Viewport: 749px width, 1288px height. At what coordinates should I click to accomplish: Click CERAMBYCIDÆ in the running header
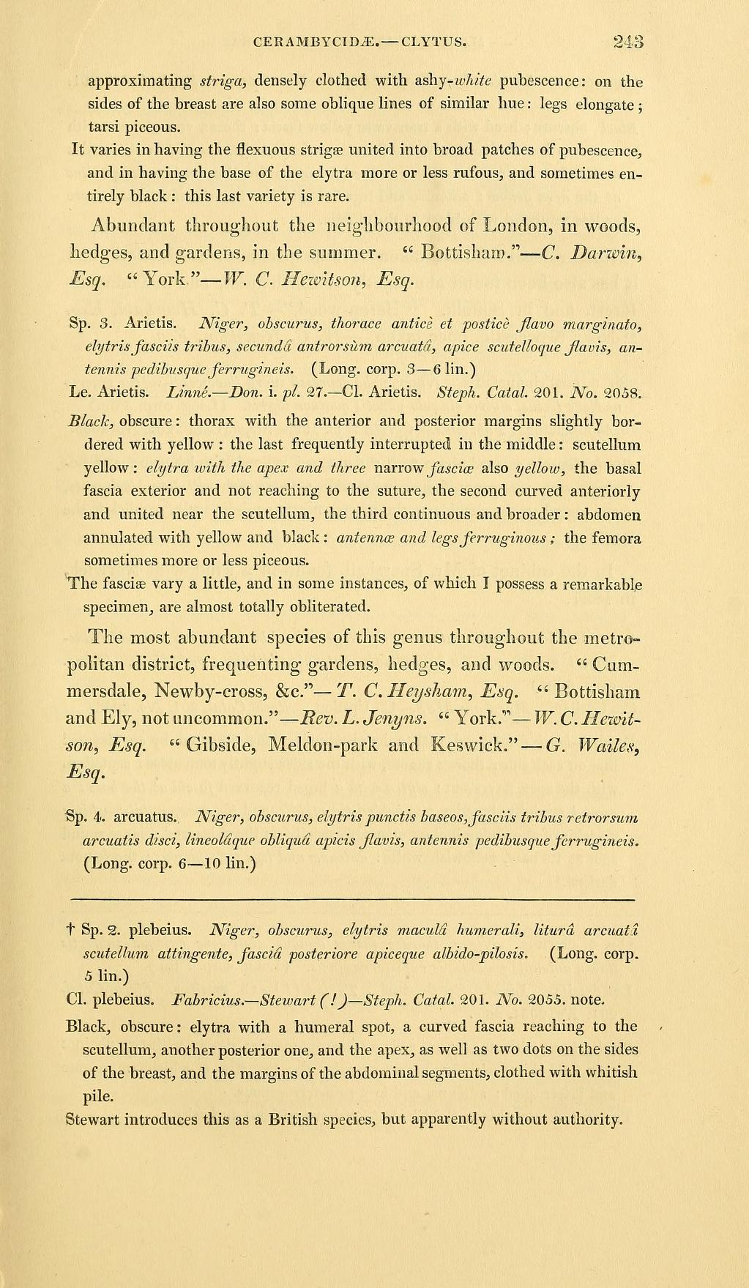[311, 41]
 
